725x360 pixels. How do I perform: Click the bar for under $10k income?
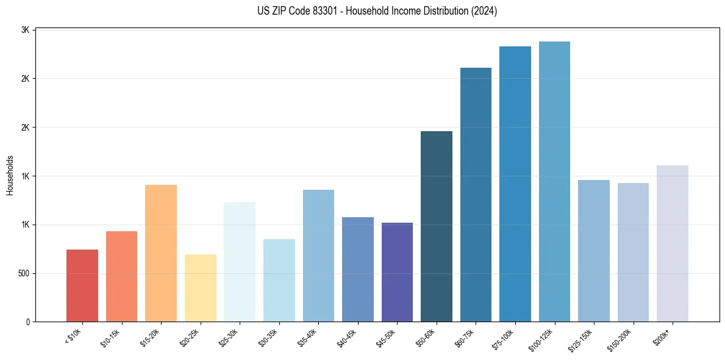click(82, 286)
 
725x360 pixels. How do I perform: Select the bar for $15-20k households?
click(161, 253)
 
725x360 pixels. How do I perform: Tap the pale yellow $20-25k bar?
click(200, 288)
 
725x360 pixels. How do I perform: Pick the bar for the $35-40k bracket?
click(318, 256)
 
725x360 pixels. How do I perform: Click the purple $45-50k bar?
click(397, 272)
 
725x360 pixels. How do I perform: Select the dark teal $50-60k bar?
click(437, 226)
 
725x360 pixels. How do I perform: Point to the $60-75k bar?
click(476, 195)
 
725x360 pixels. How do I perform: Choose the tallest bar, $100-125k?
click(554, 182)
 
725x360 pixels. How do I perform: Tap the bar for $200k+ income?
click(673, 243)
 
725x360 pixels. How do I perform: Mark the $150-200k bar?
click(633, 253)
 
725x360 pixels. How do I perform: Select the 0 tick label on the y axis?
click(27, 322)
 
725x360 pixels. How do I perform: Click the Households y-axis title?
click(10, 176)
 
